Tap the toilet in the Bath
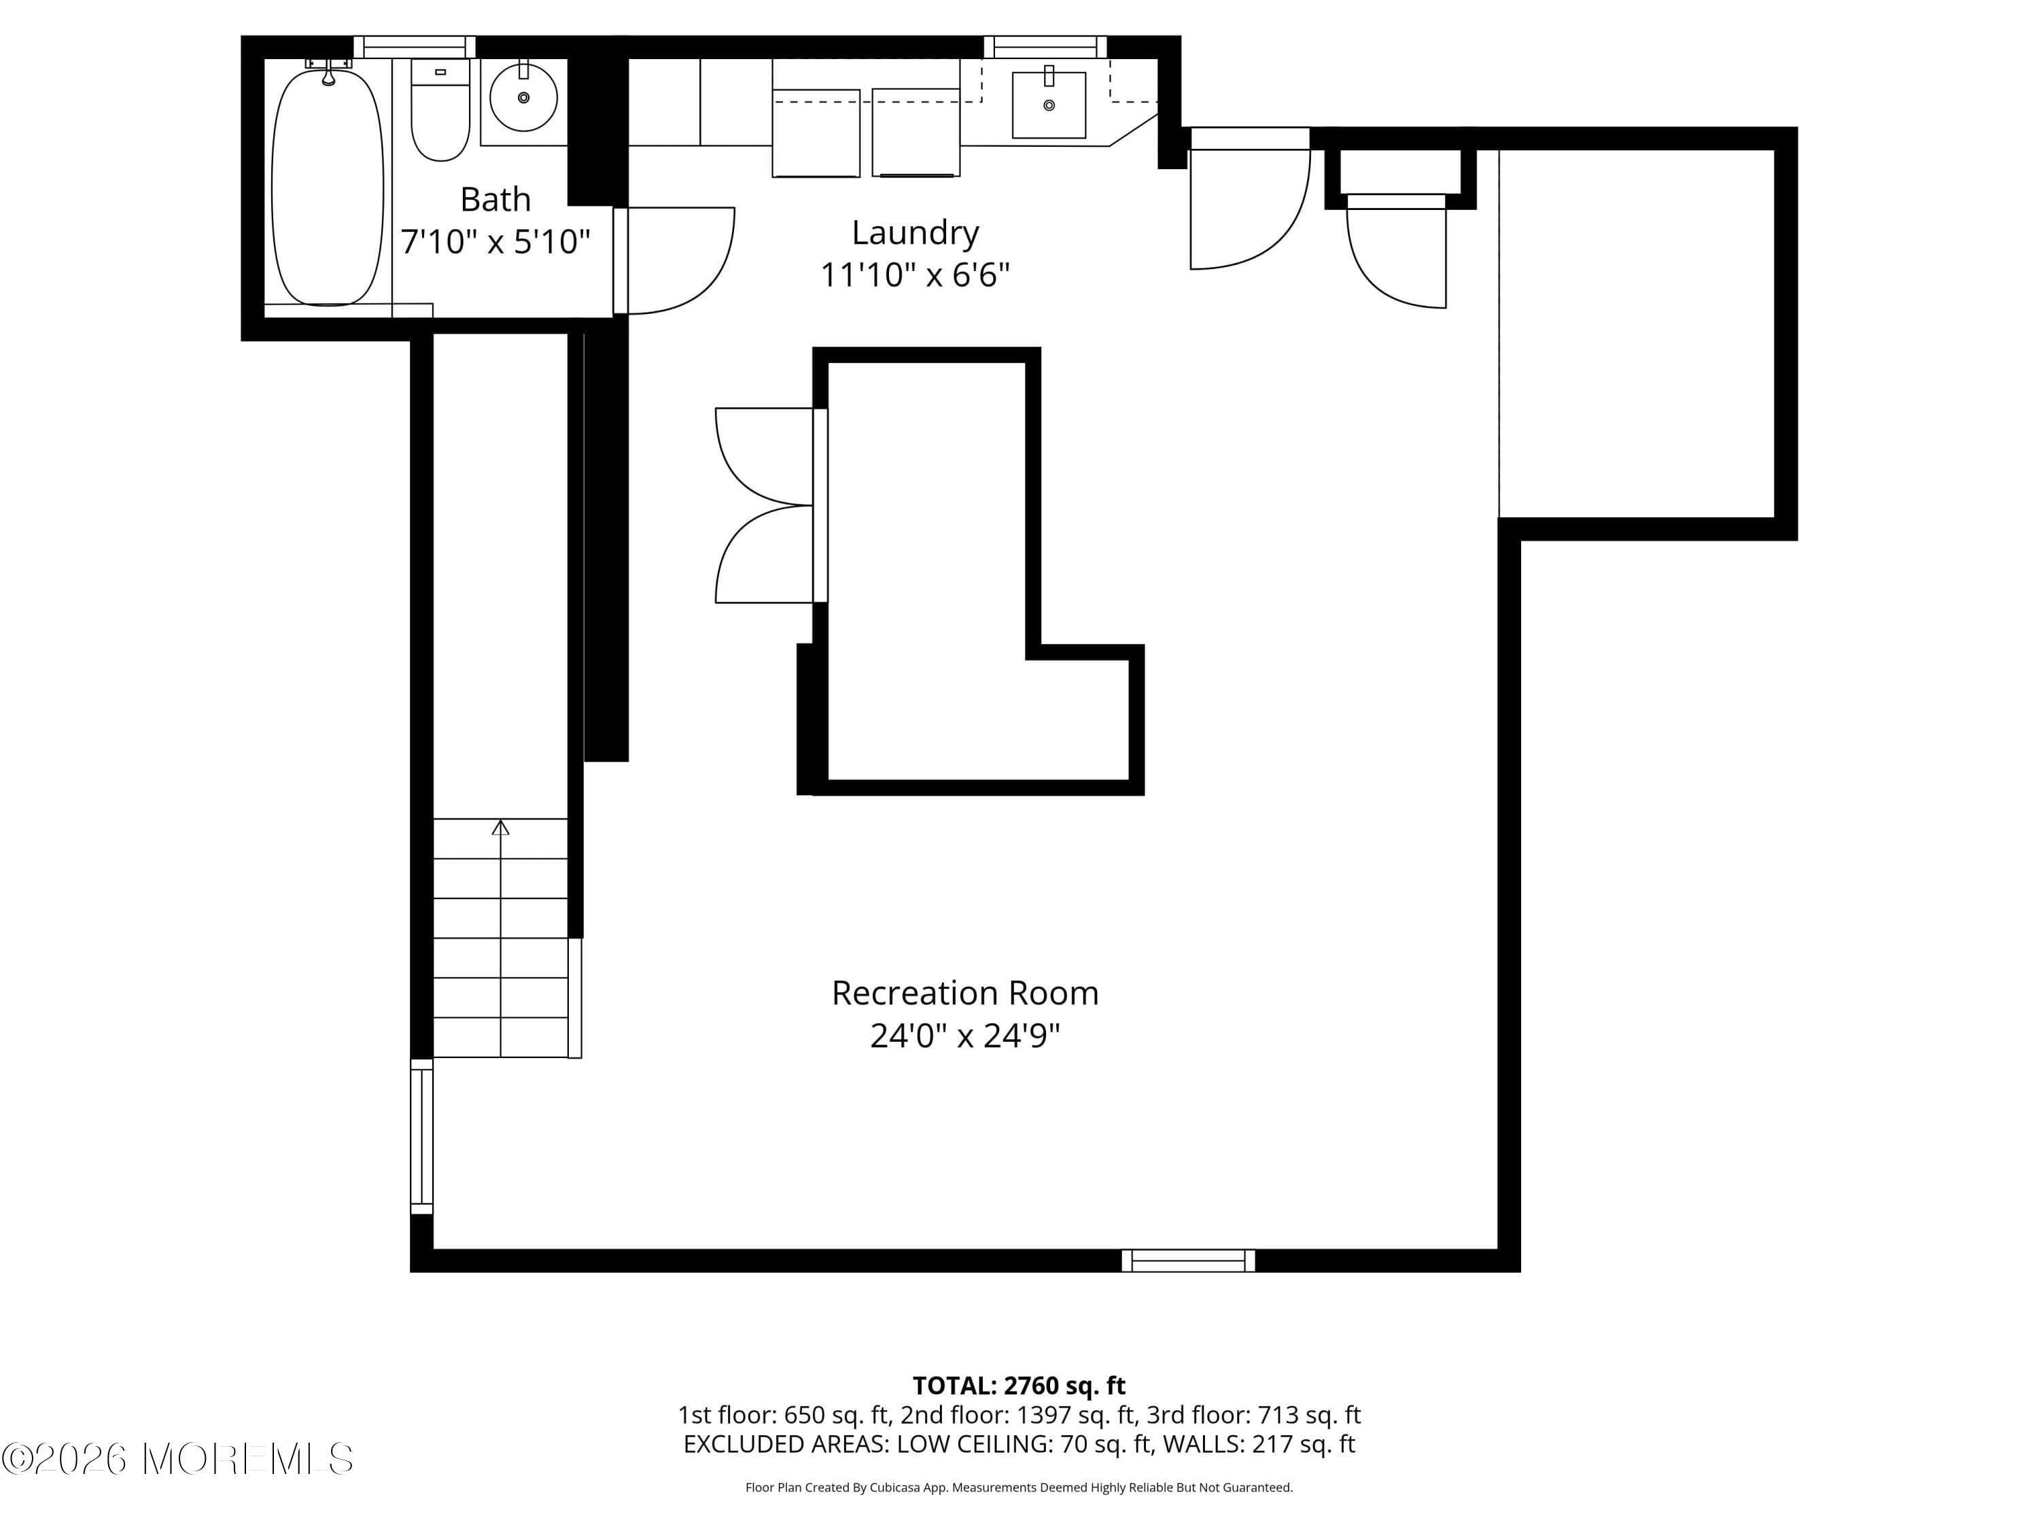coord(440,111)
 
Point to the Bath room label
coord(495,199)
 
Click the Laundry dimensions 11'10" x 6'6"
coord(914,275)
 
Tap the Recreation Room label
coord(964,993)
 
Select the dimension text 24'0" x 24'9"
coord(964,1036)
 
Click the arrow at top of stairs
coord(500,827)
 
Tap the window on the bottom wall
coord(1187,1260)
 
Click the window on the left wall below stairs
coord(421,1136)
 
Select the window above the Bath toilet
coord(414,47)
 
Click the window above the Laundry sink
coord(1045,47)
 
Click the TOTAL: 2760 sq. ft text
coord(1019,1385)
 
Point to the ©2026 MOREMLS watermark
coord(177,1459)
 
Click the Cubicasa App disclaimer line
coord(1019,1488)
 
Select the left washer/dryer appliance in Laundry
coord(816,133)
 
